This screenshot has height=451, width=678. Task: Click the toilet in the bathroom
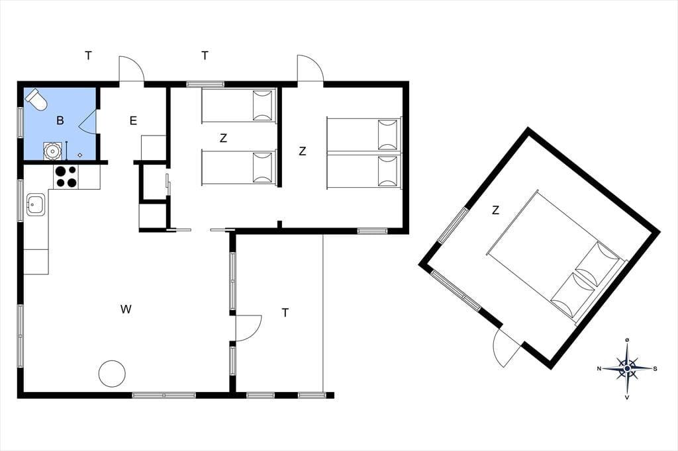(x=36, y=99)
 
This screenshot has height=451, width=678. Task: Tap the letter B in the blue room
(x=60, y=120)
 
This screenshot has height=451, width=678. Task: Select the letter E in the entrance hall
(x=133, y=120)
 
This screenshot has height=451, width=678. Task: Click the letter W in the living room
(x=126, y=309)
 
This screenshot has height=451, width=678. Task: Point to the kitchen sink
(x=36, y=204)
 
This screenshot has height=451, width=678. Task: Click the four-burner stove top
(x=66, y=177)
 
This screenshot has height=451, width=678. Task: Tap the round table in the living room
(x=112, y=374)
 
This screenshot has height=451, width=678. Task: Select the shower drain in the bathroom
(x=80, y=155)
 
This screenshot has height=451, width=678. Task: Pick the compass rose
(x=627, y=368)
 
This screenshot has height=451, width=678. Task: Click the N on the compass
(x=599, y=368)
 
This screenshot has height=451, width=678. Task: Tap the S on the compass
(x=655, y=368)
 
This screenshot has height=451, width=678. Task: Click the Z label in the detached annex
(x=495, y=210)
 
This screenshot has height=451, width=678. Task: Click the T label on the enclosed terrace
(x=285, y=312)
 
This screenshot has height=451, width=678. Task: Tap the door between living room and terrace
(x=248, y=328)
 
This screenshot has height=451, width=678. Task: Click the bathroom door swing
(x=88, y=122)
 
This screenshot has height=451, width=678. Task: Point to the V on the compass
(x=627, y=397)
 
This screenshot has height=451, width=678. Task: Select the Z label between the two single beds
(x=224, y=138)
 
